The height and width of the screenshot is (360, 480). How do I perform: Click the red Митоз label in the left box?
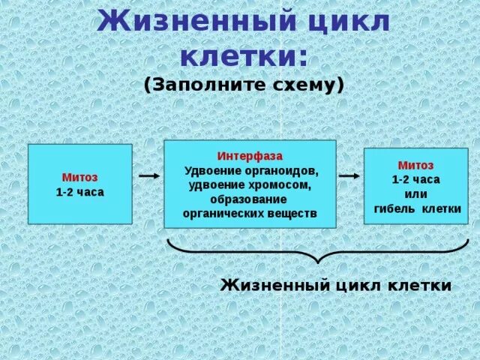click(79, 178)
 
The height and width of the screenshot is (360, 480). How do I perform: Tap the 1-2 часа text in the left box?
click(79, 192)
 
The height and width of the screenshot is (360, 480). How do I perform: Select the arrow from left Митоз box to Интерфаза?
click(148, 176)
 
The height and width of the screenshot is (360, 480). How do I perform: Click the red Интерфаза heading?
click(250, 156)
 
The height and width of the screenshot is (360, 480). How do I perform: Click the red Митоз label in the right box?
click(415, 165)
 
